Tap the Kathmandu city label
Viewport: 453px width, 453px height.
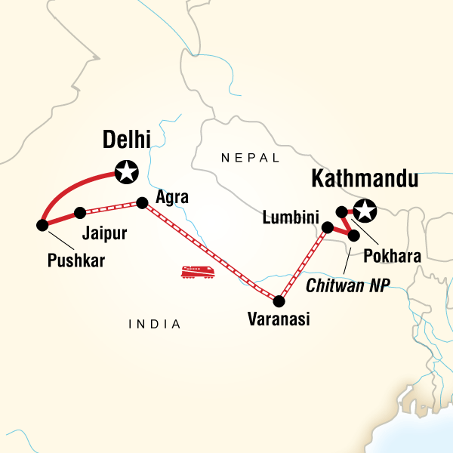(x=365, y=180)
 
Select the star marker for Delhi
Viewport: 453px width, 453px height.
(x=126, y=172)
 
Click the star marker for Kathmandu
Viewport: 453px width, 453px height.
(x=365, y=211)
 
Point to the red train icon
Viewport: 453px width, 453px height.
(x=198, y=270)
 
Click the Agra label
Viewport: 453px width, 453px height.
(x=171, y=199)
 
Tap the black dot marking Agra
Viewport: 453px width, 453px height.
(x=141, y=202)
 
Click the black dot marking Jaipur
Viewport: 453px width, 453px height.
(x=79, y=213)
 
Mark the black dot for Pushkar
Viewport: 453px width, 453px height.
(x=42, y=224)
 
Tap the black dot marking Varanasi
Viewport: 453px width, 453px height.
(x=279, y=301)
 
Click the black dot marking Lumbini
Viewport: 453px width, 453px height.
(x=327, y=226)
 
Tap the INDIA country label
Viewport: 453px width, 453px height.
(x=155, y=324)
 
